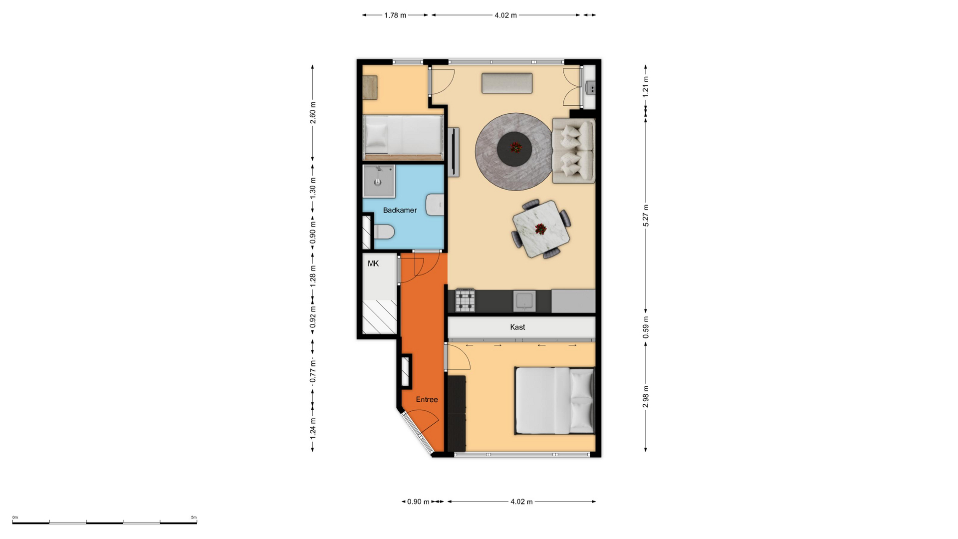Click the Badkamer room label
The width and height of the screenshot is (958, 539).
click(x=400, y=210)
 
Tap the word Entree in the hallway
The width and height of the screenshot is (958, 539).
click(x=427, y=399)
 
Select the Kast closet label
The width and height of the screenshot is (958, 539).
click(x=517, y=327)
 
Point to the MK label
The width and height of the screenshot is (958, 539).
click(x=373, y=264)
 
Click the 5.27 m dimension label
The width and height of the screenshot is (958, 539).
click(x=646, y=216)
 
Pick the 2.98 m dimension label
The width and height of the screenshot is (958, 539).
click(x=646, y=396)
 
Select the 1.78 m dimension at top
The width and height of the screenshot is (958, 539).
click(x=395, y=15)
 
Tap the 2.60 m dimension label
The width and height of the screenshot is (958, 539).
click(x=313, y=113)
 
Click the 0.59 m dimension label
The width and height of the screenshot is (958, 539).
click(x=646, y=327)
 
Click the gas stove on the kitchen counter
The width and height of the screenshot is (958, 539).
click(x=465, y=300)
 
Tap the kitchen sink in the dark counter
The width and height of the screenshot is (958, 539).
click(x=524, y=301)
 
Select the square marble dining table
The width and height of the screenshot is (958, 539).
click(x=541, y=229)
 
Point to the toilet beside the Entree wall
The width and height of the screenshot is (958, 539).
click(x=384, y=232)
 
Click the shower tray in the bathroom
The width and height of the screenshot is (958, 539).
click(x=379, y=181)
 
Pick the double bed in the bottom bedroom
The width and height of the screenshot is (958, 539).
click(x=555, y=401)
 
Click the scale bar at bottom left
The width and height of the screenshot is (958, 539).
click(x=105, y=523)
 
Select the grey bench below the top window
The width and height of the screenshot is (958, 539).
click(x=507, y=83)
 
